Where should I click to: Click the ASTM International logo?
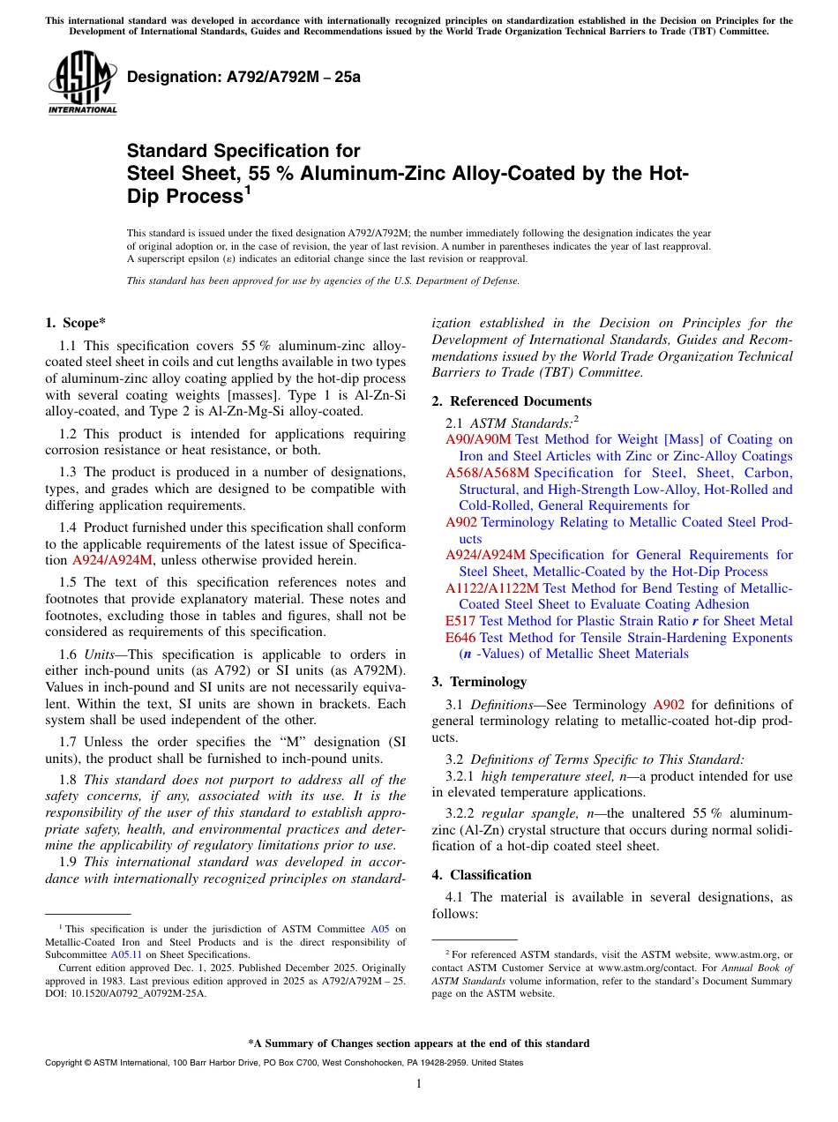(82, 83)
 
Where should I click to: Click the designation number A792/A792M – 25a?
(243, 77)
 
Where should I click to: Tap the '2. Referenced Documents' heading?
(512, 401)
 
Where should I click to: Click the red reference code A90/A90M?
(478, 439)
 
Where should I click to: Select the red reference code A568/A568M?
(487, 473)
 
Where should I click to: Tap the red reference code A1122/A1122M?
(492, 588)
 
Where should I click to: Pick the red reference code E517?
(460, 621)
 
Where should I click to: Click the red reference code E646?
(460, 638)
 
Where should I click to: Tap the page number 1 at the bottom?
(419, 1084)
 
